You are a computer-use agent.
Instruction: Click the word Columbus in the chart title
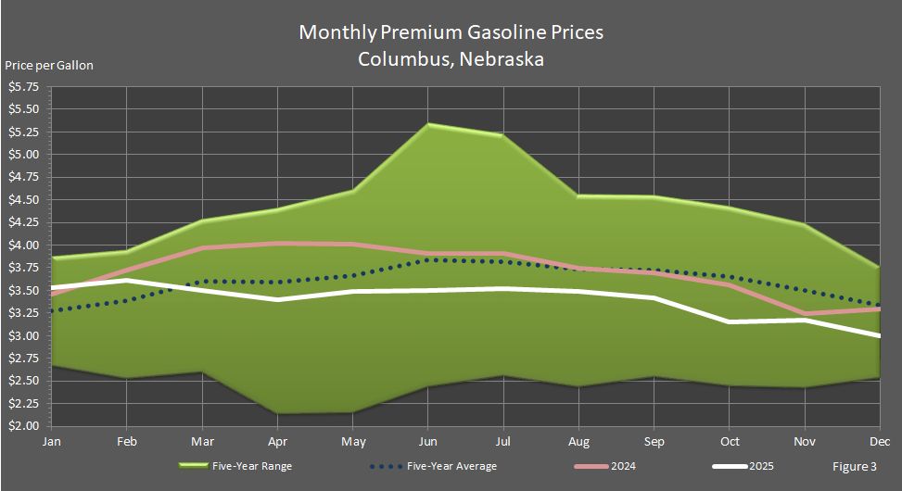point(400,59)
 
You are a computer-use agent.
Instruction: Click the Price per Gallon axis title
point(48,65)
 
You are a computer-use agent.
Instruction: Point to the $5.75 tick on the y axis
point(23,87)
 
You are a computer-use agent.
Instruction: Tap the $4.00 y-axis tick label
point(23,245)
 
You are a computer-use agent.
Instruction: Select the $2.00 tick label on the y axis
point(23,426)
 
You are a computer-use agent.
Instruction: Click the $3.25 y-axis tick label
point(23,313)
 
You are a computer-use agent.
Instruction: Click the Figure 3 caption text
point(853,466)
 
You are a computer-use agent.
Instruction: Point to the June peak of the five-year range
point(429,124)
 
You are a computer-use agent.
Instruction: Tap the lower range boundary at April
point(277,413)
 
